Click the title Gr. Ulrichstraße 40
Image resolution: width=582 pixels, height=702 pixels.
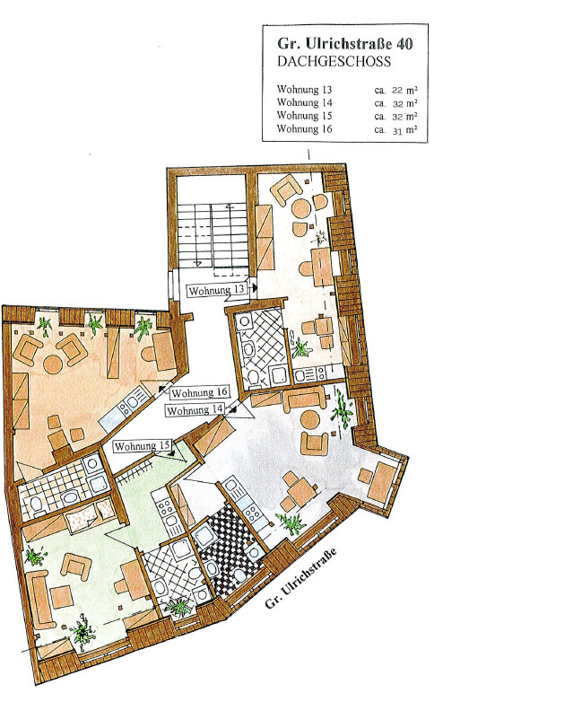tap(345, 43)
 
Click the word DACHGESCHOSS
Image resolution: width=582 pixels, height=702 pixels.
tap(334, 61)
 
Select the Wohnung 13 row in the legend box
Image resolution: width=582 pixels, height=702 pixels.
tap(347, 90)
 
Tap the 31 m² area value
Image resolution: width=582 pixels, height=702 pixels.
tap(404, 130)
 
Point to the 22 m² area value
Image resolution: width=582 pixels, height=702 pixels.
tap(404, 90)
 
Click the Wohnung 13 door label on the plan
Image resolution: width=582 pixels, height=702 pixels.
tap(217, 290)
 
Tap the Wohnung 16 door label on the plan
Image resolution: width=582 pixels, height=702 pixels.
tap(200, 392)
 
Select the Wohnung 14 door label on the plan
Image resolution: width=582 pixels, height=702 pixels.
tap(195, 409)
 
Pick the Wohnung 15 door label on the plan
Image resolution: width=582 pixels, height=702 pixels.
tap(143, 446)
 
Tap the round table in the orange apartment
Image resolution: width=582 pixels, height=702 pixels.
tap(53, 364)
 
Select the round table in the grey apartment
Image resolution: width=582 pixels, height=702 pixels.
tap(309, 419)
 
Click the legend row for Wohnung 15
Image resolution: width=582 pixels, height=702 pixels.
tap(347, 116)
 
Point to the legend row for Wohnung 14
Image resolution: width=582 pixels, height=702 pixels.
tap(347, 103)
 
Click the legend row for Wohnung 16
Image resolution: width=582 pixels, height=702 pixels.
tap(347, 129)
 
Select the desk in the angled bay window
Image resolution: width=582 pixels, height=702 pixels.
tap(384, 483)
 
